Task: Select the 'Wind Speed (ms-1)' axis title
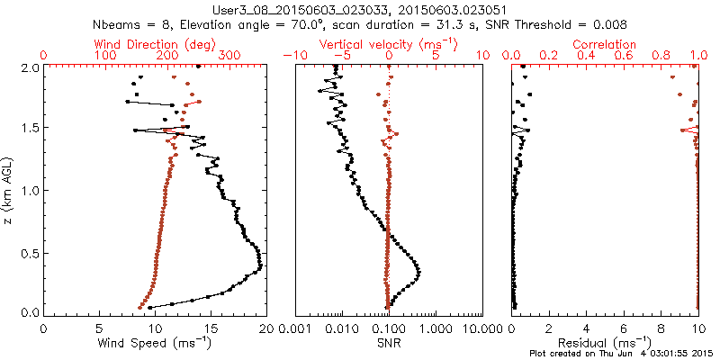pos(156,343)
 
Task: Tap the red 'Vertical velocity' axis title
pos(388,44)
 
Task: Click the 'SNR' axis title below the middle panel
pos(388,342)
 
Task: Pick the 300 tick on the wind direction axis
pos(229,56)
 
